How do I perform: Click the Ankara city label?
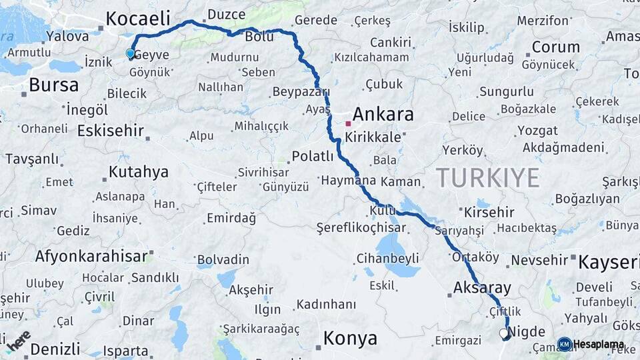[383, 115]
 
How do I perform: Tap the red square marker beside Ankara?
[348, 123]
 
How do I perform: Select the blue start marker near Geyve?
[130, 53]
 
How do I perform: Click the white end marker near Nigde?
[503, 332]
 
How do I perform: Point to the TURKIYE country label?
[487, 177]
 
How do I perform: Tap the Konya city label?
[350, 339]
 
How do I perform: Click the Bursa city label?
[53, 85]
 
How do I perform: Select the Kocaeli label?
[138, 18]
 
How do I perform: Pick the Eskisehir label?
[111, 131]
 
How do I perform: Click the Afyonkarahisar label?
[91, 256]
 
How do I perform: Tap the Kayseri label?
[608, 262]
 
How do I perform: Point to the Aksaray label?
[482, 289]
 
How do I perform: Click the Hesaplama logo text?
[599, 345]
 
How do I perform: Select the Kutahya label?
[138, 172]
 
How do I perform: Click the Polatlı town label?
[312, 157]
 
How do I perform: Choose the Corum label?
[555, 47]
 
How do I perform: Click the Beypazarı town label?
[301, 91]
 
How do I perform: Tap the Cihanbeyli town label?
[387, 258]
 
